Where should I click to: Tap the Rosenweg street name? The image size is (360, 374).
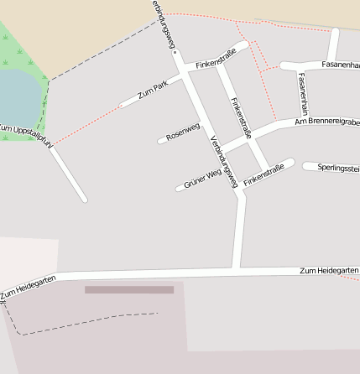pyautogui.click(x=183, y=132)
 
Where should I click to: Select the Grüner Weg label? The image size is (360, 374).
pyautogui.click(x=202, y=178)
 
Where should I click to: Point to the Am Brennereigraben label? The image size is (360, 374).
pyautogui.click(x=326, y=122)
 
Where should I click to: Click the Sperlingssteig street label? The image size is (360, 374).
pyautogui.click(x=338, y=168)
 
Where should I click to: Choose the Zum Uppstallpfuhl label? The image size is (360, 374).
pyautogui.click(x=25, y=135)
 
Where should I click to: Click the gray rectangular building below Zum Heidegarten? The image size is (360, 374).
pyautogui.click(x=129, y=289)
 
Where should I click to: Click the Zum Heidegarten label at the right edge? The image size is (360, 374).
pyautogui.click(x=329, y=271)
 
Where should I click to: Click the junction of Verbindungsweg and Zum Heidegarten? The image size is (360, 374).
pyautogui.click(x=237, y=270)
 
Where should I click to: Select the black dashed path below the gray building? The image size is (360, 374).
pyautogui.click(x=84, y=322)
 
